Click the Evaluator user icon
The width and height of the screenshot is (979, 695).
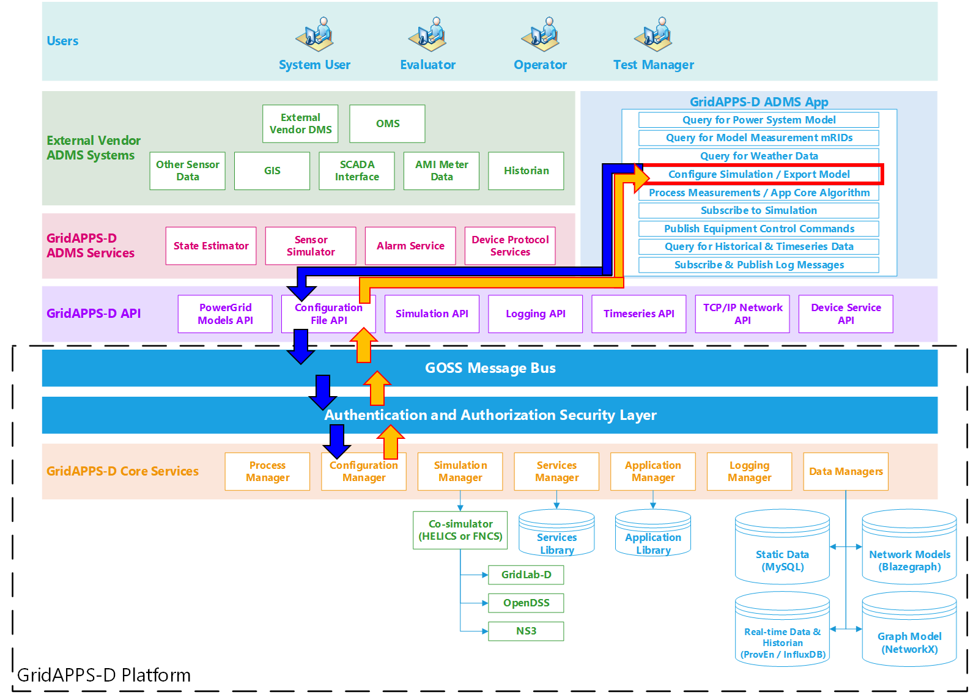[x=428, y=34]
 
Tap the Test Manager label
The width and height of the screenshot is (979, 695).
[x=654, y=65]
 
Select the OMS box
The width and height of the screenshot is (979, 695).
[x=387, y=123]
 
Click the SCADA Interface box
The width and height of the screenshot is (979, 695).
[x=357, y=171]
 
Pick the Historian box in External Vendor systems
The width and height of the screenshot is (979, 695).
[x=526, y=171]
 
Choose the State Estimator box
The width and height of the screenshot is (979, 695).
[x=211, y=246]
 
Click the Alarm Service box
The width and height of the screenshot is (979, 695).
[x=410, y=246]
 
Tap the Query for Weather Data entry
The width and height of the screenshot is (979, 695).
[x=759, y=156]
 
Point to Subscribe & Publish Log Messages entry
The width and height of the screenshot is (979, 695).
[x=759, y=265]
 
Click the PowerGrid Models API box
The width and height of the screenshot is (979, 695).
[x=225, y=314]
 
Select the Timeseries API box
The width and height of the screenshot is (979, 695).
[x=638, y=314]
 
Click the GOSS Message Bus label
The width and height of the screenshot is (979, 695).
[x=490, y=368]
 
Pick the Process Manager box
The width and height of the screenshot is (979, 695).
[x=267, y=471]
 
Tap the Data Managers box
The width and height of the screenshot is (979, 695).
[x=846, y=471]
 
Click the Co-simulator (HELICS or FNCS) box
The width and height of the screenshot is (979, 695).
[x=460, y=530]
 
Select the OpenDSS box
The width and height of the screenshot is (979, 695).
[x=526, y=603]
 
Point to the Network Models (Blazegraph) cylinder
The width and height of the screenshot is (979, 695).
[x=909, y=546]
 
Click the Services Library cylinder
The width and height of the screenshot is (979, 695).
[x=556, y=533]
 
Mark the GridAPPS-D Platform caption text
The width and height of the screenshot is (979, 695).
[x=104, y=675]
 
